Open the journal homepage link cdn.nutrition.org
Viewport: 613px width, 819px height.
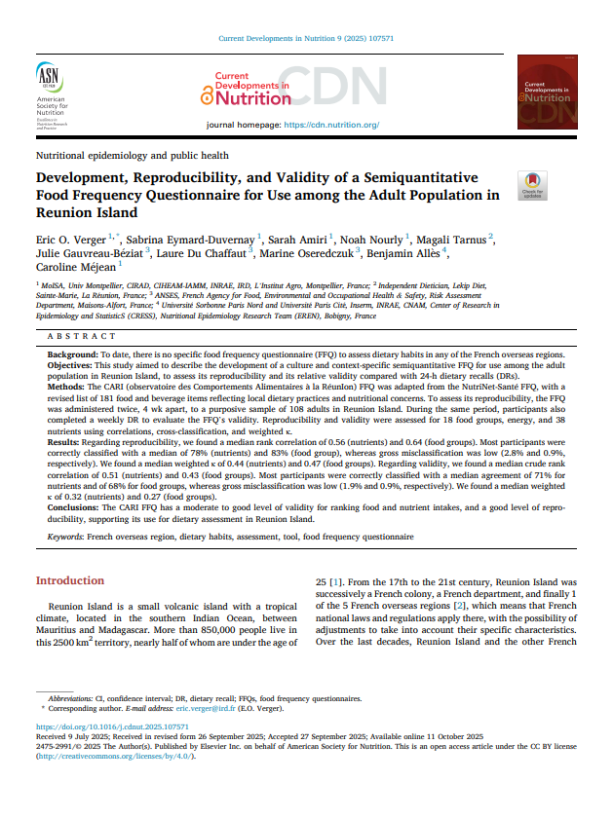click(x=330, y=126)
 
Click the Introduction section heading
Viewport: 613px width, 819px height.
click(x=69, y=580)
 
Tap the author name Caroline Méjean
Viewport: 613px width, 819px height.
click(x=76, y=265)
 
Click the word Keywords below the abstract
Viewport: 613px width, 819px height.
click(x=64, y=537)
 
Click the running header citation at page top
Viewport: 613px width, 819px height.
click(x=306, y=38)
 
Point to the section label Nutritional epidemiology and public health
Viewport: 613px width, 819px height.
click(x=132, y=155)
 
